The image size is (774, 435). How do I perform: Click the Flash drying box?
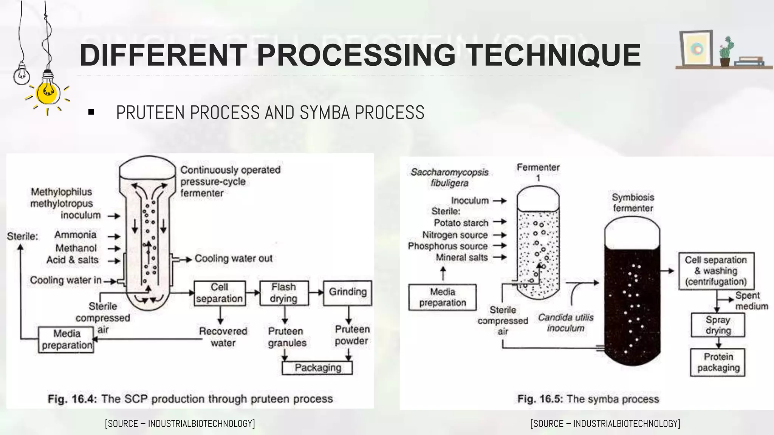[284, 293]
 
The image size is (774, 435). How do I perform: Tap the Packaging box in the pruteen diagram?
[317, 368]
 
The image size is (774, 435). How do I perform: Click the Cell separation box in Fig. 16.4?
[220, 293]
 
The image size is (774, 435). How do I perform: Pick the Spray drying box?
[718, 325]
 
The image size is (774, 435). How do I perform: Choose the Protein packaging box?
[718, 362]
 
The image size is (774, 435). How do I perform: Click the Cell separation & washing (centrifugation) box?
[716, 271]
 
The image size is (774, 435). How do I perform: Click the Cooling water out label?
[233, 259]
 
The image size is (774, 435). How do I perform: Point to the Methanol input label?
[76, 248]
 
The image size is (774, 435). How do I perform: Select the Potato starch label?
[461, 223]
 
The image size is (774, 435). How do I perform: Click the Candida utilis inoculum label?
[565, 323]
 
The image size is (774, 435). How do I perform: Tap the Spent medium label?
[751, 301]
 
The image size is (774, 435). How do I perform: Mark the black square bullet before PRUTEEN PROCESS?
[91, 112]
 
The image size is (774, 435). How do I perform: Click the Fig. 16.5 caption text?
[588, 399]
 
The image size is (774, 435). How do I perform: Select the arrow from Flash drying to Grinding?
[316, 292]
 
